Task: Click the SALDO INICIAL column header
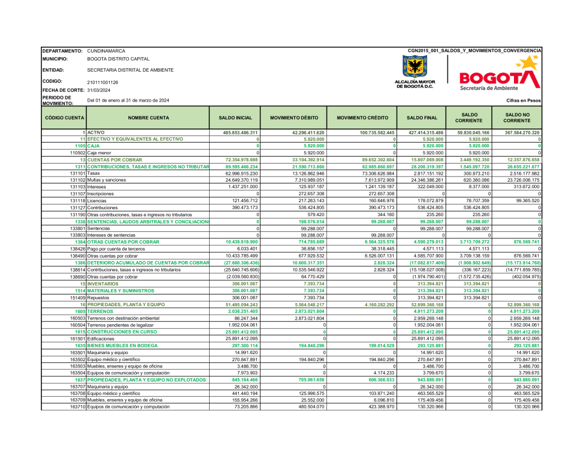tap(235, 117)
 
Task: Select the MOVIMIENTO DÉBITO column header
tap(294, 117)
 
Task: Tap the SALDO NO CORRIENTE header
tap(518, 117)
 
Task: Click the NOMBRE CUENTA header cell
tap(148, 117)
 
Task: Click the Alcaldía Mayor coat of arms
tap(415, 67)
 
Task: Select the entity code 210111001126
tap(103, 82)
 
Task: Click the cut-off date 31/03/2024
tap(99, 90)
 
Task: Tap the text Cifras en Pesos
tap(524, 101)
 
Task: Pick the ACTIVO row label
tap(97, 133)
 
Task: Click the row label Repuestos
tap(100, 297)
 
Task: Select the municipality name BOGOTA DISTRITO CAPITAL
tap(118, 59)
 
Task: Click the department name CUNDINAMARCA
tap(106, 51)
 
